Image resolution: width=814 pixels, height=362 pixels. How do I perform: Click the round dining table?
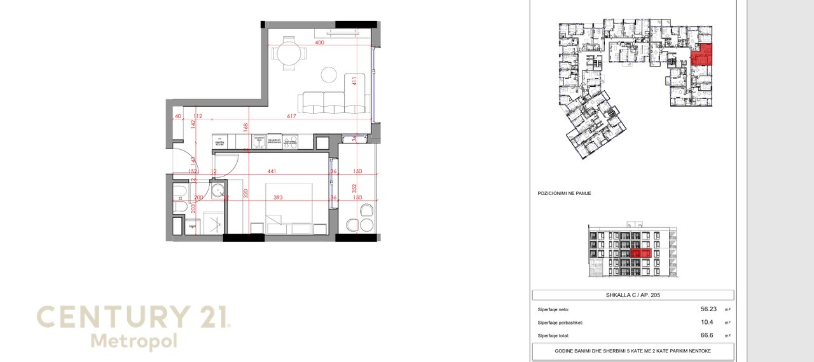(x=289, y=55)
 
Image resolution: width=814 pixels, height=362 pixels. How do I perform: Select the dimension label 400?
(x=319, y=43)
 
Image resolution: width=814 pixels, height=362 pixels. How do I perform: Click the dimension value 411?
(x=356, y=81)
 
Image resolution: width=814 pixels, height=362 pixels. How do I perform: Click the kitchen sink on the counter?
(x=258, y=140)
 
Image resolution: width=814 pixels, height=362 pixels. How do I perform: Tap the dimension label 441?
(x=272, y=171)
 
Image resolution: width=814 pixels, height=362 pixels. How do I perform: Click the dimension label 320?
(x=244, y=193)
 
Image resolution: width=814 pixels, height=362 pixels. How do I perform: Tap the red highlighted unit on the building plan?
(x=702, y=56)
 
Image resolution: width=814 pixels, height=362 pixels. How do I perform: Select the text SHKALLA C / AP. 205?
(x=632, y=295)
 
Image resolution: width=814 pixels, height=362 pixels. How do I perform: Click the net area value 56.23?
(x=708, y=309)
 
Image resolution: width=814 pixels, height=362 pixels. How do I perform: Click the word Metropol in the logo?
(x=134, y=341)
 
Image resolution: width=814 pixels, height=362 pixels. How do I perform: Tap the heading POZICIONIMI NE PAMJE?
(x=564, y=193)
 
